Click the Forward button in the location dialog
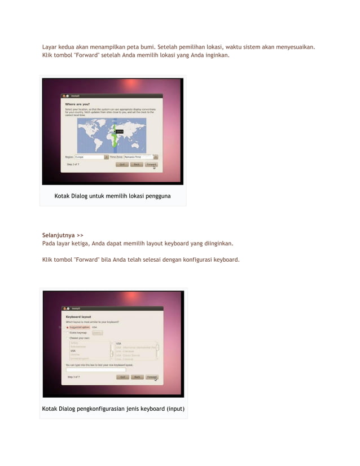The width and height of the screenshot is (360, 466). click(151, 164)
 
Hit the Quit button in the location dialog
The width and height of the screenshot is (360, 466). click(121, 164)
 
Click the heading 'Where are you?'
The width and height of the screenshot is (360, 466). click(77, 104)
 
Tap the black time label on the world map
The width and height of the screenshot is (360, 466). click(119, 131)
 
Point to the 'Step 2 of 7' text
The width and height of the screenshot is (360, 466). click(73, 164)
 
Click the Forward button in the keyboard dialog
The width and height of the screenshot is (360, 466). click(152, 377)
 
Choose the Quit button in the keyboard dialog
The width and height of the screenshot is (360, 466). click(122, 377)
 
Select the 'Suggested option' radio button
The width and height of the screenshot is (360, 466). click(68, 327)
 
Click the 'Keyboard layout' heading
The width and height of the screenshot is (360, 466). click(79, 317)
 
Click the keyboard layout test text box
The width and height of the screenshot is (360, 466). click(96, 370)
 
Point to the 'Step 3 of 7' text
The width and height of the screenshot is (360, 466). click(74, 376)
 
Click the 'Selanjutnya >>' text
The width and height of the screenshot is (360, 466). click(63, 235)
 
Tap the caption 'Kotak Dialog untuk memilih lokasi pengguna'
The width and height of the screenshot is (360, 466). click(112, 196)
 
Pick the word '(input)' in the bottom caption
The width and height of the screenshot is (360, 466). click(174, 408)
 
